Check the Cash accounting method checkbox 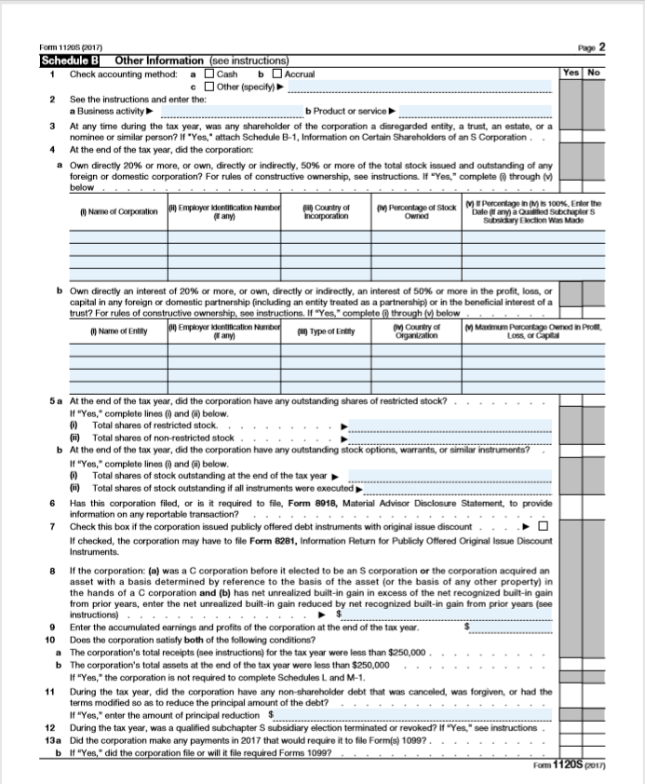click(209, 74)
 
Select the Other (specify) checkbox click(209, 87)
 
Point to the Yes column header click(570, 73)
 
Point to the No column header click(593, 73)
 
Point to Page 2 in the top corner click(591, 47)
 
